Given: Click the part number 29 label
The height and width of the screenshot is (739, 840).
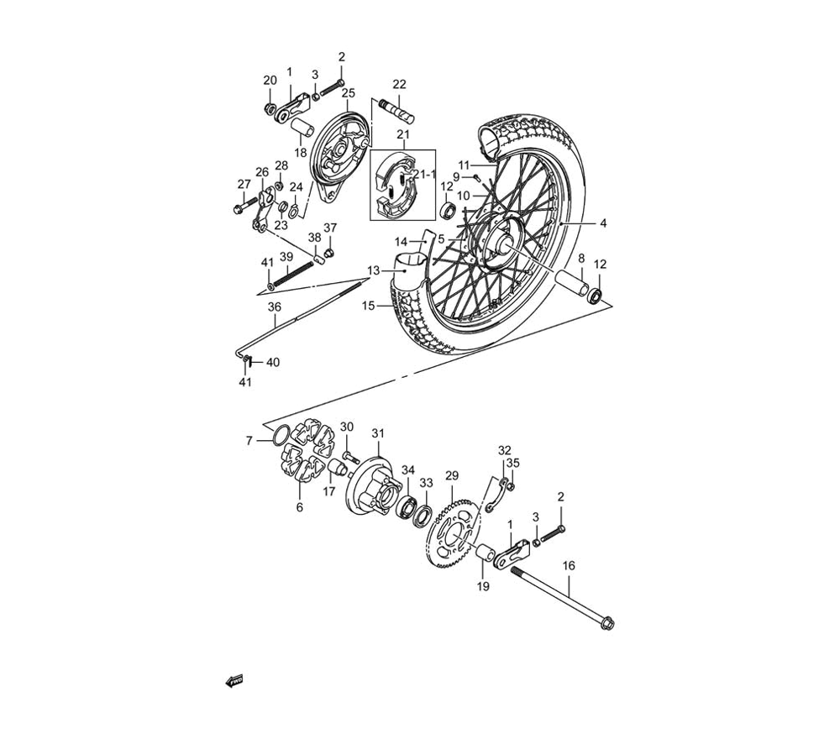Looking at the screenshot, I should click(451, 475).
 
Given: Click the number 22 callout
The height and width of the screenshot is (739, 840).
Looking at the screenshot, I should click(399, 84).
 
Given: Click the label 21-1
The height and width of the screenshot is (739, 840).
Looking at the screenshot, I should click(426, 174).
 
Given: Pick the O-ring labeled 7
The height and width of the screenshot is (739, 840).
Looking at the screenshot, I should click(281, 436).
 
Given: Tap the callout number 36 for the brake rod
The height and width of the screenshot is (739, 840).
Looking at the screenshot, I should click(274, 307).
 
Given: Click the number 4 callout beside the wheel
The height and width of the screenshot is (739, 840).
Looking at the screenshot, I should click(602, 223).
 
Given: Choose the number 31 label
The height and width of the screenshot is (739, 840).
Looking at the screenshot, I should click(378, 433).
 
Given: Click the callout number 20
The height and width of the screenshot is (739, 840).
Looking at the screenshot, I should click(270, 81).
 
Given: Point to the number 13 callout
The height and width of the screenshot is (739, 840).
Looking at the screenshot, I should click(373, 270).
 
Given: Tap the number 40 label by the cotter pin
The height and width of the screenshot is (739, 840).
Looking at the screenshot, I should click(273, 362).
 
